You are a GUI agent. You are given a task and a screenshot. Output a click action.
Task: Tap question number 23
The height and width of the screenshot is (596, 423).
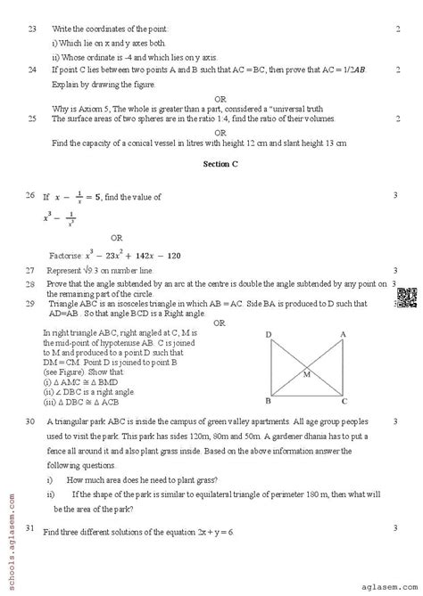coord(31,29)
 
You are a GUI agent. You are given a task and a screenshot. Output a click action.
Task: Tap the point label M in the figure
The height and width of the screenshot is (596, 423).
coord(307,374)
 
